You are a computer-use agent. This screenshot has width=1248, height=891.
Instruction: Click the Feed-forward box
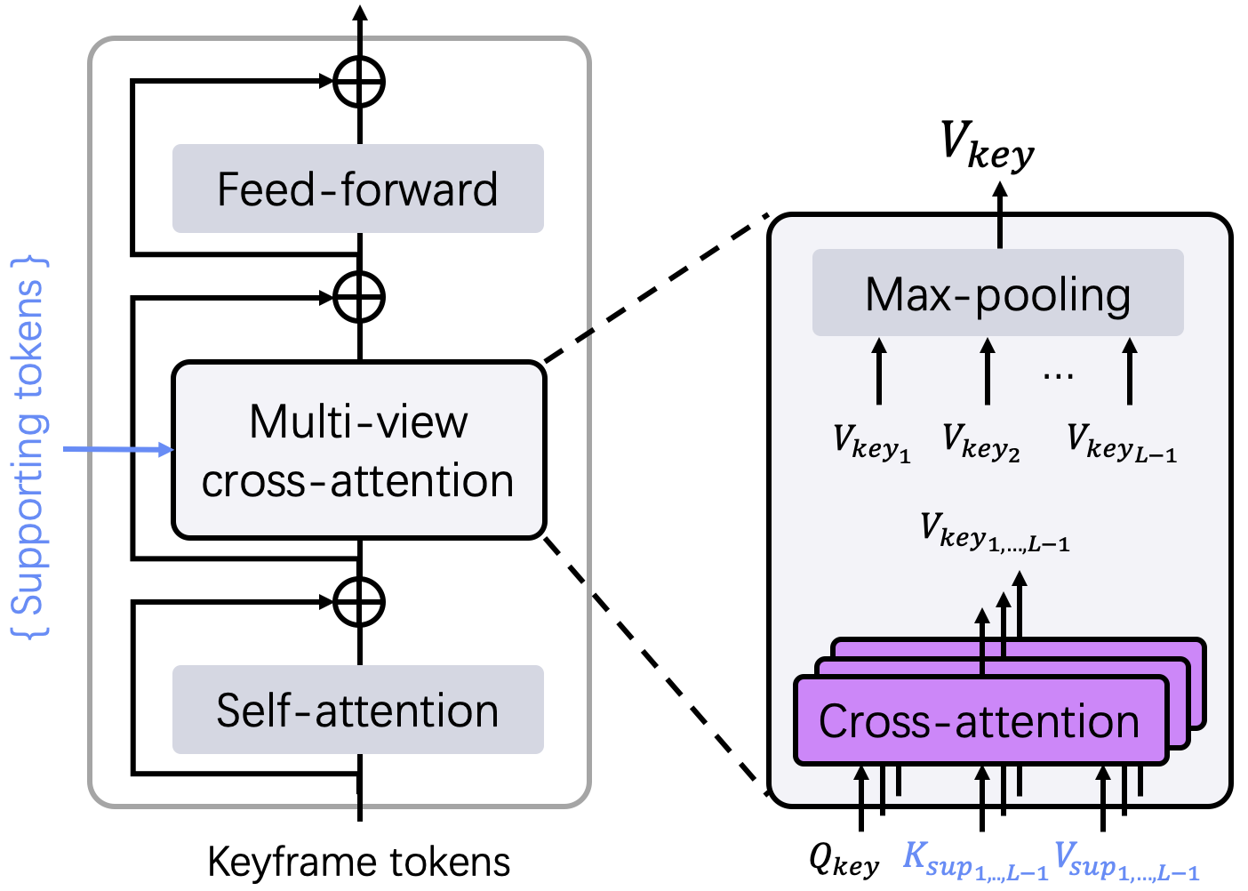[357, 189]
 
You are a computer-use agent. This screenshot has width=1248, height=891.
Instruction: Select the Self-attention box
[357, 710]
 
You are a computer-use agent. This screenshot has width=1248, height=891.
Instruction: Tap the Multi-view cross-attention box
[358, 450]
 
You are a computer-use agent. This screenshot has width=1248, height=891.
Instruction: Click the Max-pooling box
[997, 293]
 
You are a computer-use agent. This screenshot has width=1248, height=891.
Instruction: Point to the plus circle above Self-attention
[359, 602]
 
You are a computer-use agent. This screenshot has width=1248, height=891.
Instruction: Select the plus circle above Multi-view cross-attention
[359, 297]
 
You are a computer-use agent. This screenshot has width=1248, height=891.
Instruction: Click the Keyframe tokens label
[359, 862]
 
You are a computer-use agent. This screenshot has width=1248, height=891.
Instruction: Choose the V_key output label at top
[987, 145]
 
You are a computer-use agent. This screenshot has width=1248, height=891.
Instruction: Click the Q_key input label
[844, 859]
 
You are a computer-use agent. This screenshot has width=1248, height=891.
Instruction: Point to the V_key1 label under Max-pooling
[871, 443]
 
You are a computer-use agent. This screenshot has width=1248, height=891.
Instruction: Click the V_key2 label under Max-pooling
[980, 443]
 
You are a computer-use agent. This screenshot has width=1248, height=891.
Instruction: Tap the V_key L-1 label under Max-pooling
[1121, 443]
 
